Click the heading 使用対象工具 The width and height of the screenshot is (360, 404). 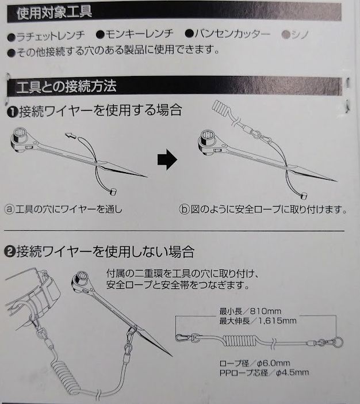click(x=54, y=13)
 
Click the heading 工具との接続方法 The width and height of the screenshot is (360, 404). click(x=66, y=86)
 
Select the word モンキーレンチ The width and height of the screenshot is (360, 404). click(x=139, y=34)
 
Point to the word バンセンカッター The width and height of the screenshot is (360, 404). click(x=232, y=34)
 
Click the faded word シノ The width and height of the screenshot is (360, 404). click(x=300, y=35)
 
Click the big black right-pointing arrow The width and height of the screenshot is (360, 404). click(x=167, y=159)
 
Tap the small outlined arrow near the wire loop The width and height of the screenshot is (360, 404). click(x=71, y=135)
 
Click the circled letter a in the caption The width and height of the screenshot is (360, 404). click(x=10, y=209)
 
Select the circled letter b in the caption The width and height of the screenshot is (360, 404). click(x=184, y=209)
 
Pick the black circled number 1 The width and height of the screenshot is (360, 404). click(x=12, y=112)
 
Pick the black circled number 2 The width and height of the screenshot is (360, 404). click(x=10, y=251)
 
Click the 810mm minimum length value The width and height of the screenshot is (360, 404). click(x=265, y=311)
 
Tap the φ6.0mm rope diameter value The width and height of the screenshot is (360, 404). click(x=274, y=363)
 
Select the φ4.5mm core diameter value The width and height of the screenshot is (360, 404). click(x=292, y=372)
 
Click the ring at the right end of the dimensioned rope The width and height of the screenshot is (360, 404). click(x=338, y=342)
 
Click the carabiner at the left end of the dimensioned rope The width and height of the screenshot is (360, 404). click(x=183, y=337)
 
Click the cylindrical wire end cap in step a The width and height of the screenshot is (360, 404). click(x=113, y=192)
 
